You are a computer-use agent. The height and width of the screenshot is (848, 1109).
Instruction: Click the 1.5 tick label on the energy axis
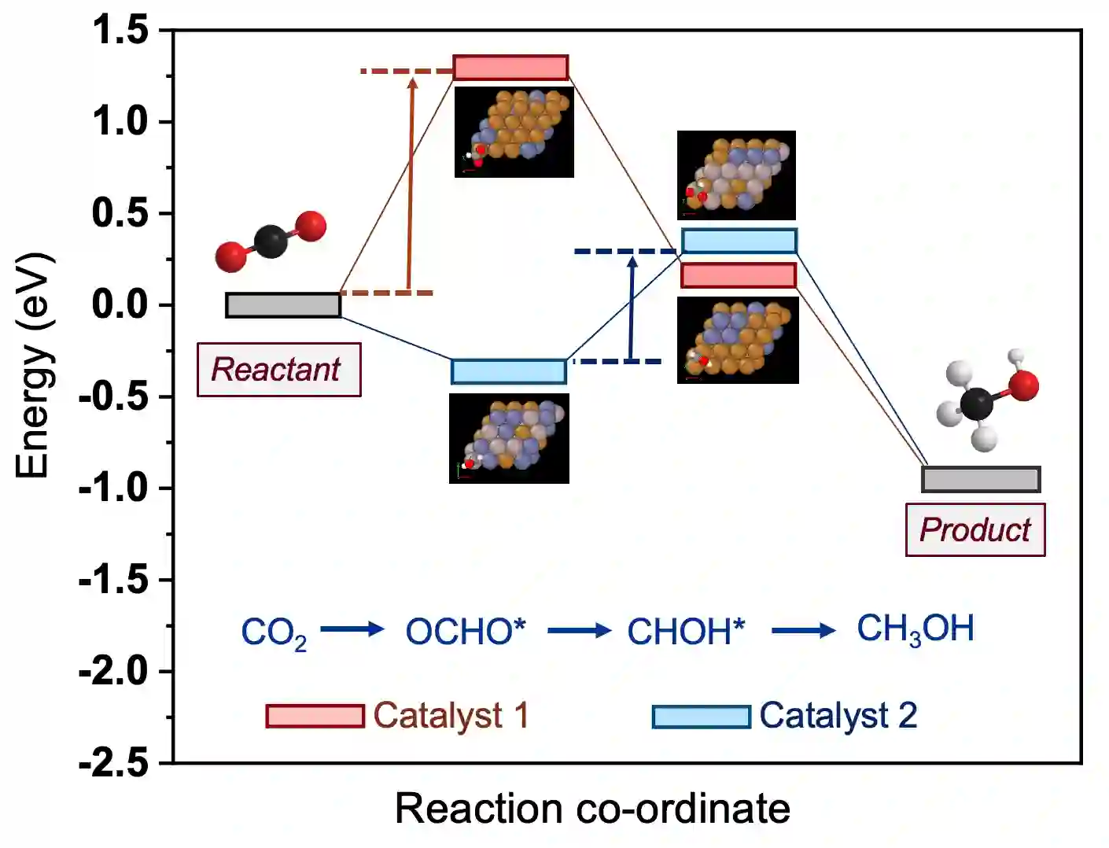120,31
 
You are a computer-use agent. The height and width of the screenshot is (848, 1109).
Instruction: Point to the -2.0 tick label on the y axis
114,671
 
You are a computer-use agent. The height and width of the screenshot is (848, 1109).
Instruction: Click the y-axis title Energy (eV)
33,365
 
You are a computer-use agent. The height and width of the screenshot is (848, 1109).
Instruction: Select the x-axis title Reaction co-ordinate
592,809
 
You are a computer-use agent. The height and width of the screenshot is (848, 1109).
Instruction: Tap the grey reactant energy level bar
283,304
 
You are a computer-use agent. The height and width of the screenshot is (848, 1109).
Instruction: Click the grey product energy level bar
981,479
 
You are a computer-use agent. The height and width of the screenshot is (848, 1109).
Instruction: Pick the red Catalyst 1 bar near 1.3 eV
510,68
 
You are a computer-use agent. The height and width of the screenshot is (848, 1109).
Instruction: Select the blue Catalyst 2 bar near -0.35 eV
509,371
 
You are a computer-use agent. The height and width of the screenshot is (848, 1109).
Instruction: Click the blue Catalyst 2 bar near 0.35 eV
739,241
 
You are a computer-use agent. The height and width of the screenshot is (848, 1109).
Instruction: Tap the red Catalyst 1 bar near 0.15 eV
739,275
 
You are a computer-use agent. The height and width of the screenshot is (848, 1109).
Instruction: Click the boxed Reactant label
278,370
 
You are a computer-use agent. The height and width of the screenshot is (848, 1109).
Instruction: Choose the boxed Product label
975,530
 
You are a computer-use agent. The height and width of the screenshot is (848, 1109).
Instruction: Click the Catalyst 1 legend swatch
315,716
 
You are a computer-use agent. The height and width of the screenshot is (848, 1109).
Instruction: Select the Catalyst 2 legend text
838,716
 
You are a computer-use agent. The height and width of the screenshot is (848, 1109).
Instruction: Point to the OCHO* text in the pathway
465,631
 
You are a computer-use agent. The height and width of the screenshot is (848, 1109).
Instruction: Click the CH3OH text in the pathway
915,629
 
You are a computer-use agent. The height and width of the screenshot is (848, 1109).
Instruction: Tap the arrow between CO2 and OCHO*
352,629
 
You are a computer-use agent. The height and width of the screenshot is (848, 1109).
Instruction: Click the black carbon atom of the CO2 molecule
271,241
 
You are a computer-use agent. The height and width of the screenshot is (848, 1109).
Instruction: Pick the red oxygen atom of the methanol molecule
1023,385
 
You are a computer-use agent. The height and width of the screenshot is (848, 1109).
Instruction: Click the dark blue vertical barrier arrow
632,307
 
